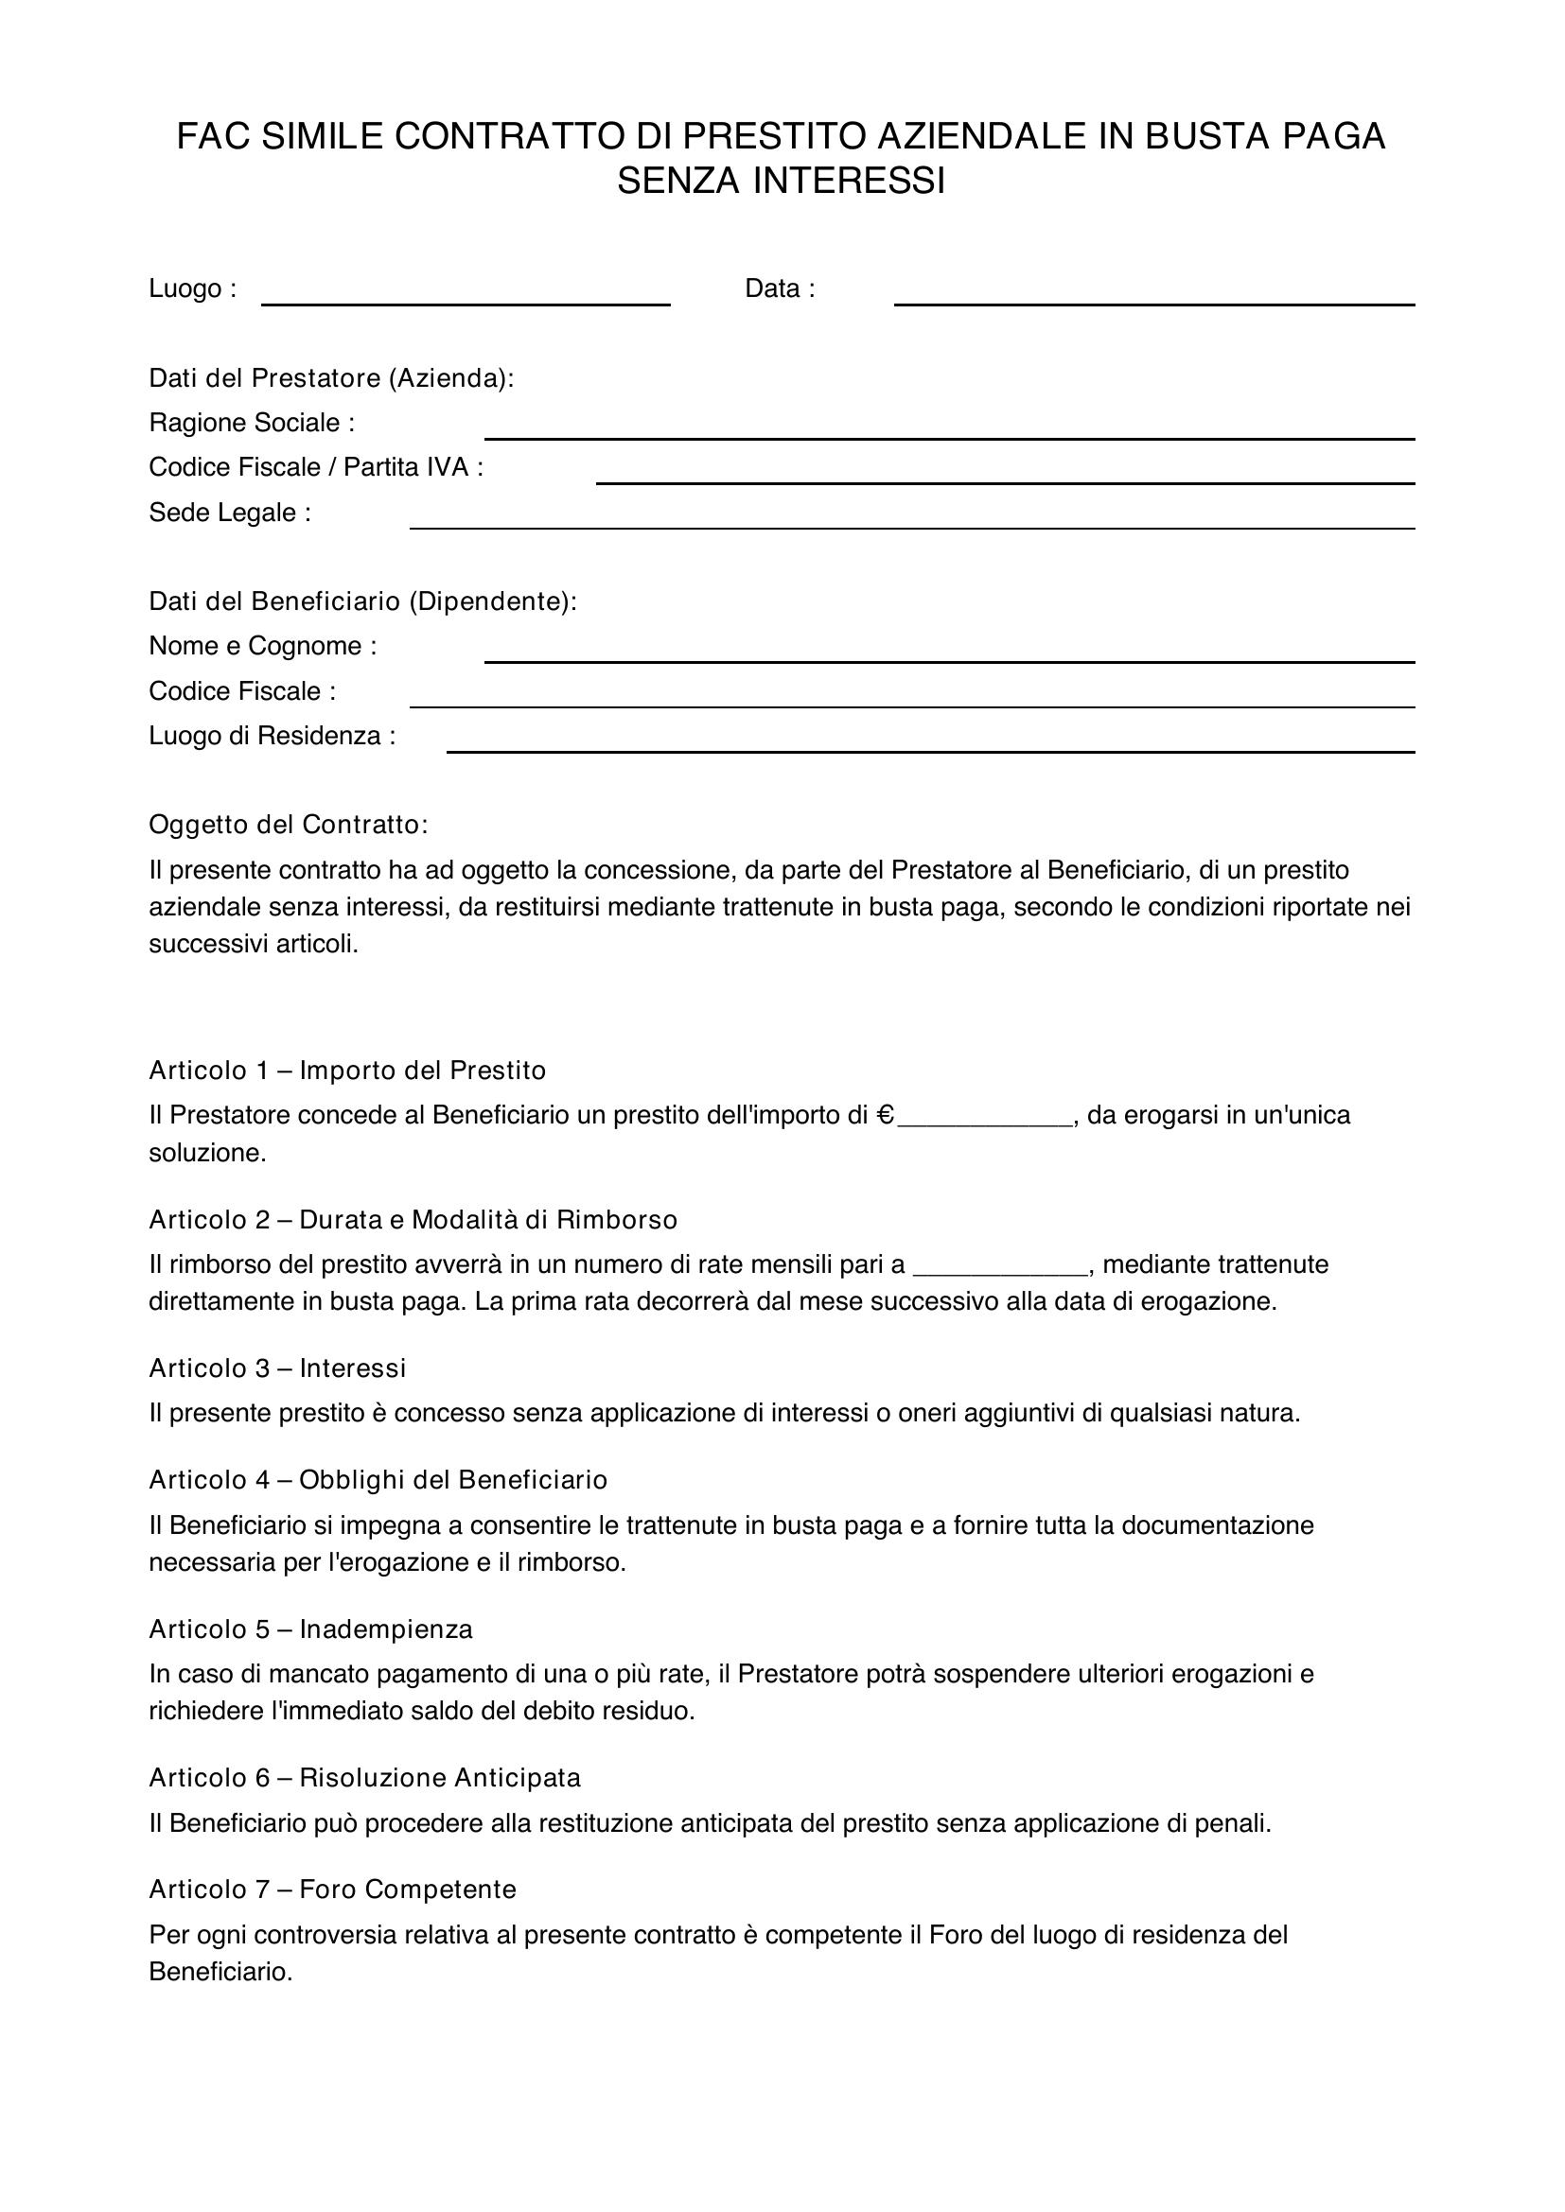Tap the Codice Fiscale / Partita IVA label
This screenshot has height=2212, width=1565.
coord(315,467)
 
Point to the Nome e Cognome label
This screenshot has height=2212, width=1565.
coord(262,646)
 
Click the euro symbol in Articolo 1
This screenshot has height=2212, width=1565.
coord(886,1116)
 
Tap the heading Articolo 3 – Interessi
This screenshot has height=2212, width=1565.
coord(277,1368)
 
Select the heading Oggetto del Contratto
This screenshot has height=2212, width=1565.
coord(289,825)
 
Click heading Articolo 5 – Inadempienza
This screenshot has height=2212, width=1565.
coord(310,1629)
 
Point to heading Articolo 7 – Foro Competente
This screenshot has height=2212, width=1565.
coord(332,1890)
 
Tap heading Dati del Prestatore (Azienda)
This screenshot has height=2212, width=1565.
coord(331,377)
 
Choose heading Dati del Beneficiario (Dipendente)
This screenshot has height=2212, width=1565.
coord(362,601)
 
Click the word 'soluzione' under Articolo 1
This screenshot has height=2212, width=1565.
coord(205,1152)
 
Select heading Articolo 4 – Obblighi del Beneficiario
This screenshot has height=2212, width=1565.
coord(378,1480)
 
